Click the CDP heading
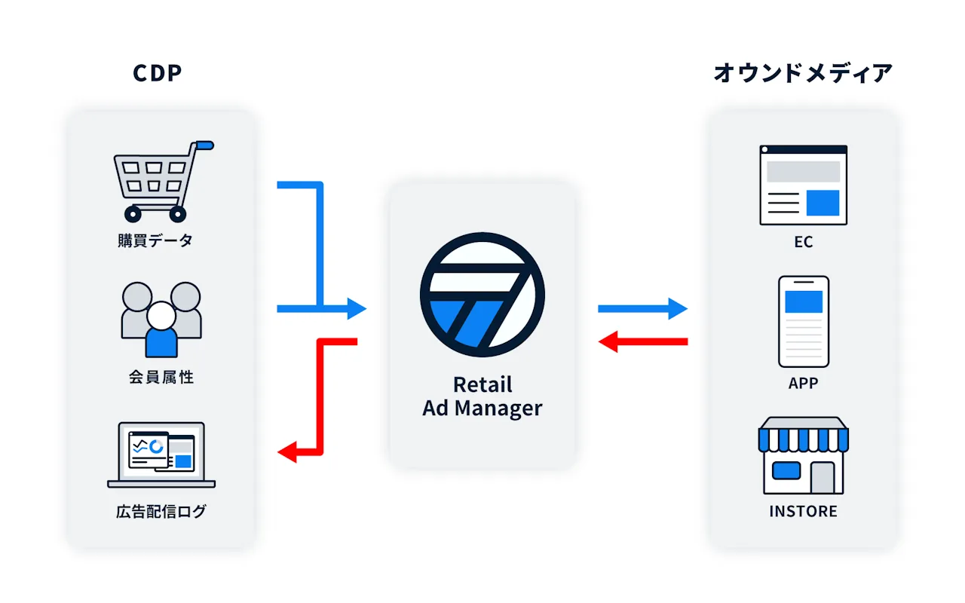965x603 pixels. tap(158, 73)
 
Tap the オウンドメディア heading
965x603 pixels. tap(803, 73)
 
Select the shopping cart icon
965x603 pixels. tap(164, 182)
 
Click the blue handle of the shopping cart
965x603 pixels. tap(204, 145)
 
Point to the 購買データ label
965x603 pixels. tap(155, 240)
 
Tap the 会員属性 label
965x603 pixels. tap(161, 377)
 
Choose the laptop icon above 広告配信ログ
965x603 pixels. tap(161, 455)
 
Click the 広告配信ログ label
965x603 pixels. tap(161, 512)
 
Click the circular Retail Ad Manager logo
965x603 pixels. tap(482, 295)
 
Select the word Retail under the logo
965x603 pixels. tap(482, 384)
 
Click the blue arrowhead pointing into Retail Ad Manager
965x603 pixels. tap(357, 308)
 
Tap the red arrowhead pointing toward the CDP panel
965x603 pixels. tap(287, 451)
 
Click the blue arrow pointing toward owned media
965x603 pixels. tap(643, 308)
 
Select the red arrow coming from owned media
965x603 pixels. tap(643, 341)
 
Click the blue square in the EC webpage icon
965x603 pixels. tap(823, 203)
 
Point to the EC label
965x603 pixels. tap(804, 242)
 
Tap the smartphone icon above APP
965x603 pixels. tap(804, 321)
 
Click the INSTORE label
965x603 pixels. tap(804, 511)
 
